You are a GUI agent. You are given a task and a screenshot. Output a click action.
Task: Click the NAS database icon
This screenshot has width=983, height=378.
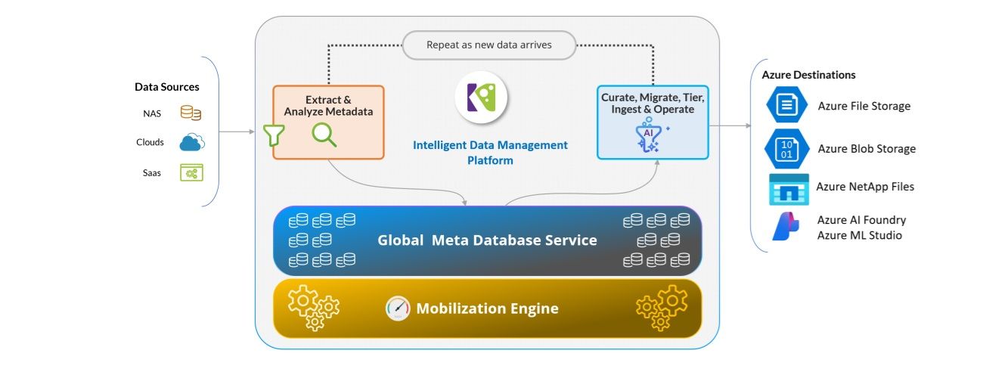[191, 113]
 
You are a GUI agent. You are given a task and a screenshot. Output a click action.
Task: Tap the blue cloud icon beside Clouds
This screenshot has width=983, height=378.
[192, 142]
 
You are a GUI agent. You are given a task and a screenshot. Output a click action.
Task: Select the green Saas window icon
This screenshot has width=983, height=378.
[192, 172]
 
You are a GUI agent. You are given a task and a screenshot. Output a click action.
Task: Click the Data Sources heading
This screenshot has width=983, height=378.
[167, 87]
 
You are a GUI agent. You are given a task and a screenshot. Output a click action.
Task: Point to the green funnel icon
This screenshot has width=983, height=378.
[274, 135]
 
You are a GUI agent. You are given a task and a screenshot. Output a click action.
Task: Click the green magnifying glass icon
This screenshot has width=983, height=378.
[324, 135]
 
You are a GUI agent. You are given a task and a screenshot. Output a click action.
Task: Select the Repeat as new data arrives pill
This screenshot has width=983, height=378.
[489, 45]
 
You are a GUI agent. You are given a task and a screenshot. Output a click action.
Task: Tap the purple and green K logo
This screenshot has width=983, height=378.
[481, 97]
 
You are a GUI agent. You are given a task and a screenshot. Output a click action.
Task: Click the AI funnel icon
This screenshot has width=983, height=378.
[650, 135]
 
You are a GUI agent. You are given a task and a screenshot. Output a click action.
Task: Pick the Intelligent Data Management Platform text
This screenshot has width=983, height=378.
[490, 153]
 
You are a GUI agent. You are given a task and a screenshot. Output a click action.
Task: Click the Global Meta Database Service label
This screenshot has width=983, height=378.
[487, 240]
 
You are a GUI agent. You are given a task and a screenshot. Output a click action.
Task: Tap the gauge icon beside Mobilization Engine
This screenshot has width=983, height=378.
[398, 308]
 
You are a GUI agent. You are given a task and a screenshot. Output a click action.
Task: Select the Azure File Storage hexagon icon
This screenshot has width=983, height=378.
[787, 104]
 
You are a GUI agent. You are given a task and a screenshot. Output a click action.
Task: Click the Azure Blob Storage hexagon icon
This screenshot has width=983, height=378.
[787, 149]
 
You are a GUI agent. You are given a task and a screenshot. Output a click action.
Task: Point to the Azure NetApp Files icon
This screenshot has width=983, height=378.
[789, 190]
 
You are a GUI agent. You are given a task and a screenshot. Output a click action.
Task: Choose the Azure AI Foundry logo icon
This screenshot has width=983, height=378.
[786, 226]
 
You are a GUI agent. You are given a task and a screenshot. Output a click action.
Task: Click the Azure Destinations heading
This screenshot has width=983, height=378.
[808, 75]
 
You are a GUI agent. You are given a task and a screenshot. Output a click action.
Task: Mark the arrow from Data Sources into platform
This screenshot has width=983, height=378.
[237, 132]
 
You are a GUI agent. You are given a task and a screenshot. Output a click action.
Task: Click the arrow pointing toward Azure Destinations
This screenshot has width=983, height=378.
[730, 125]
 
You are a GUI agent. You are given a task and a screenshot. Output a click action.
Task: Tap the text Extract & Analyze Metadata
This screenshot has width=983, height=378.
[328, 106]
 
